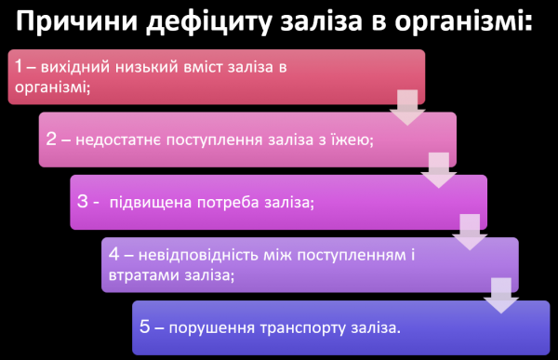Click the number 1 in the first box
[x=20, y=67]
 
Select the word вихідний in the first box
[x=78, y=67]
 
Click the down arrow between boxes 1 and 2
[x=406, y=107]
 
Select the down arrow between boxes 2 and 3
[x=438, y=169]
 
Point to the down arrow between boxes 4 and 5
[x=501, y=294]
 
